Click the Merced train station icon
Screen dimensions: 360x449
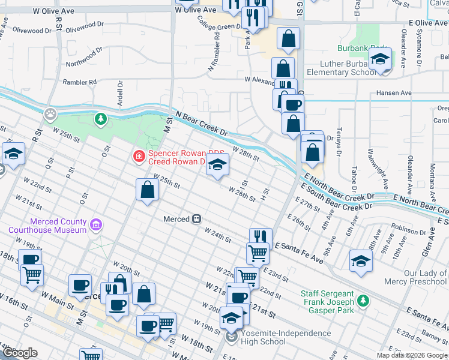tap(196, 220)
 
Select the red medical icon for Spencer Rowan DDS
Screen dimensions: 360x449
tap(139, 157)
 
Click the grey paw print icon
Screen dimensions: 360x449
tap(51, 112)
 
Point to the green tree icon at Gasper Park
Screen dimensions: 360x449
tap(363, 300)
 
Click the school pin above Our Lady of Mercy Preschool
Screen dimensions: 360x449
tap(361, 261)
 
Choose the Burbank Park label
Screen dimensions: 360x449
tap(369, 47)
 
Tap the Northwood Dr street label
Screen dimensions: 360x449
tap(80, 59)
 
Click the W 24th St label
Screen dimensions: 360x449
tap(217, 235)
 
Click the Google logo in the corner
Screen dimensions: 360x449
tap(20, 353)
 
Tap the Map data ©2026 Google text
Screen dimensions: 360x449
tap(412, 355)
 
